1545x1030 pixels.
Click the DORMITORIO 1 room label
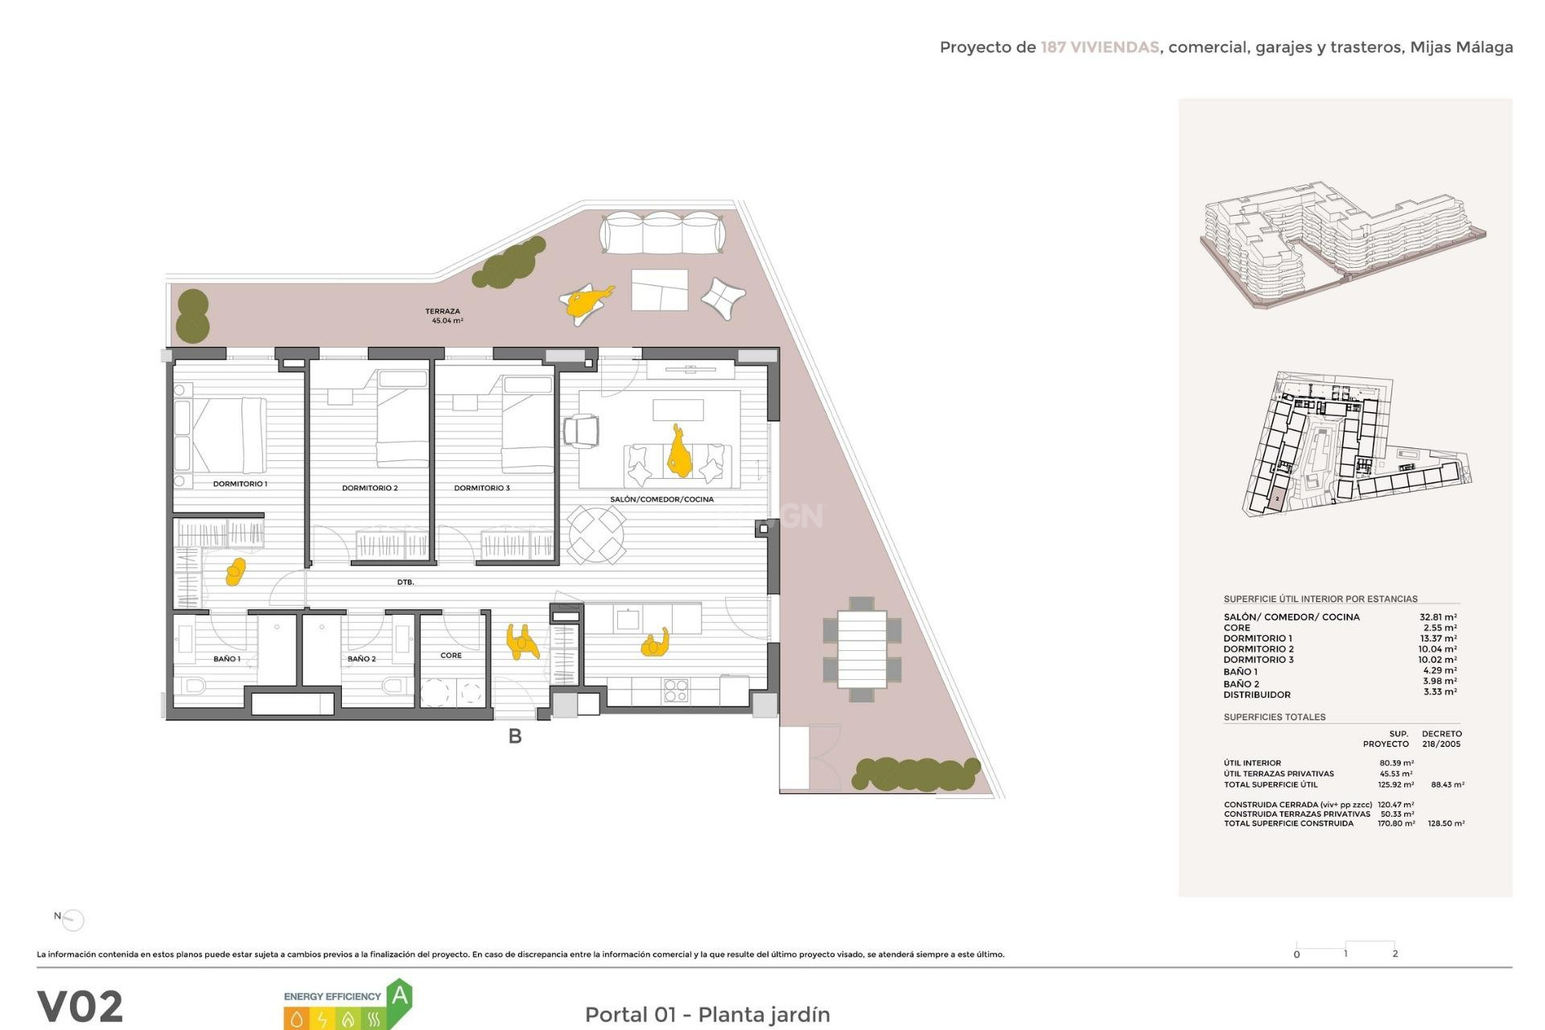[x=240, y=484]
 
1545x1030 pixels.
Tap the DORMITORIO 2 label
[x=369, y=488]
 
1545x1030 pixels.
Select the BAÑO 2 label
[x=361, y=658]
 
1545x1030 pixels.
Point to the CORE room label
[x=451, y=655]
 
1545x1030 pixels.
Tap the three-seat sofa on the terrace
[x=662, y=233]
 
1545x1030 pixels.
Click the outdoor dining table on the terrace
[x=862, y=649]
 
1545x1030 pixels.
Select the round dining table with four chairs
[x=596, y=534]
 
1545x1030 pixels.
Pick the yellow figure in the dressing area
[x=236, y=571]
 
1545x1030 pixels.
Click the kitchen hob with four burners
[x=676, y=690]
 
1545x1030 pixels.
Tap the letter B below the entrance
[x=515, y=736]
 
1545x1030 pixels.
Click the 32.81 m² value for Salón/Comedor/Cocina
[x=1437, y=617]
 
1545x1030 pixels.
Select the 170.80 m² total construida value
[x=1396, y=823]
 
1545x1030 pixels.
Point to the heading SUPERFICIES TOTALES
[x=1274, y=717]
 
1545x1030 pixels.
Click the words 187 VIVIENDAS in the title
[x=1099, y=47]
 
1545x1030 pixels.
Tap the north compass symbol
[x=72, y=919]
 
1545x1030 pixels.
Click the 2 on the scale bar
[x=1395, y=954]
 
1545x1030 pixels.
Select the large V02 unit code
[x=80, y=1006]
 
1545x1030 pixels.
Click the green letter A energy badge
[x=399, y=997]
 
